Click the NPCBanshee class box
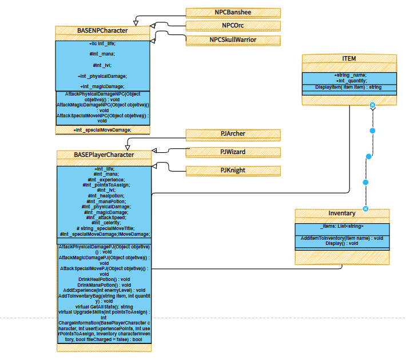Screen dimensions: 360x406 [x=233, y=13]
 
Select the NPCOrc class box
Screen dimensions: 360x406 [x=233, y=26]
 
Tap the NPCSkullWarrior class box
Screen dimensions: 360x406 [x=233, y=40]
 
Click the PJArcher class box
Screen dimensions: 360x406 [x=233, y=134]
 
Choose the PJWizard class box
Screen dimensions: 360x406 [x=233, y=152]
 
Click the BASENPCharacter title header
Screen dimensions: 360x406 [x=102, y=30]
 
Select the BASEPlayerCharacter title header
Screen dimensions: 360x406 [x=104, y=155]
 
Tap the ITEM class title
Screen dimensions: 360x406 [x=349, y=59]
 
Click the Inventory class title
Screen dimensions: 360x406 [x=342, y=213]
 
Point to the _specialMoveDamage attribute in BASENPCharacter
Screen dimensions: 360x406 [x=102, y=130]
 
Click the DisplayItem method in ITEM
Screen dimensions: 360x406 [x=348, y=87]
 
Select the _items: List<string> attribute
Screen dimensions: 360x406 [x=342, y=227]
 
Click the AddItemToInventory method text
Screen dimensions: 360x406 [x=342, y=238]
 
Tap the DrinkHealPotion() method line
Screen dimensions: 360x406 [x=104, y=279]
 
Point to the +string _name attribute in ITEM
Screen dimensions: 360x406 [x=350, y=75]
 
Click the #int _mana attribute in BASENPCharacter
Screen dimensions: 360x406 [x=102, y=54]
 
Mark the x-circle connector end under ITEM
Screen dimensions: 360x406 [x=372, y=105]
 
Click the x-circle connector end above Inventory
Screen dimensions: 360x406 [x=366, y=209]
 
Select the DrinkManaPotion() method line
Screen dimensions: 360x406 [x=104, y=284]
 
